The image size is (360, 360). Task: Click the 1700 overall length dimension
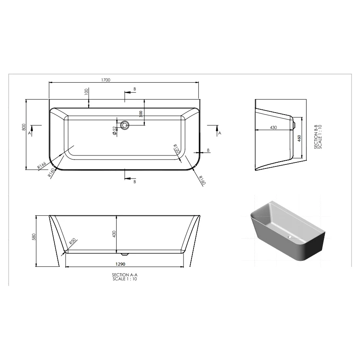106,80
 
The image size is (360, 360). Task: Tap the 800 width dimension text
24,128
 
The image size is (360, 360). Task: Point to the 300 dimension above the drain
141,114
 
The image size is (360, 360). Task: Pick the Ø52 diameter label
115,130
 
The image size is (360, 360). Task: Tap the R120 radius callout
176,149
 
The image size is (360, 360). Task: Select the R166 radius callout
40,165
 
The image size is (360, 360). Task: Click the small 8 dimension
208,150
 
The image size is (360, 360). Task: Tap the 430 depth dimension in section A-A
114,234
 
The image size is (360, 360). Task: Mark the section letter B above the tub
134,89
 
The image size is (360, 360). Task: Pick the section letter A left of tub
30,133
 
